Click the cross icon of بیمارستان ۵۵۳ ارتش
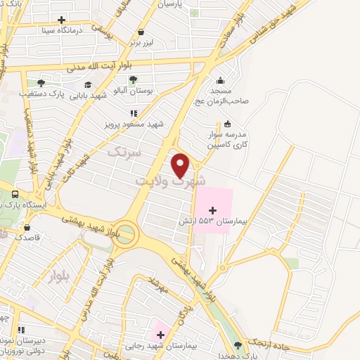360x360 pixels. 213,210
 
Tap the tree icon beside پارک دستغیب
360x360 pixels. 41,82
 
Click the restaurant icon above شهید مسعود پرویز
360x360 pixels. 133,112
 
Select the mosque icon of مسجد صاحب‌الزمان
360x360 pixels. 221,79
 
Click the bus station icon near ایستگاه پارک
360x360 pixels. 15,194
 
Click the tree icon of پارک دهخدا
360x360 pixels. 237,345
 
